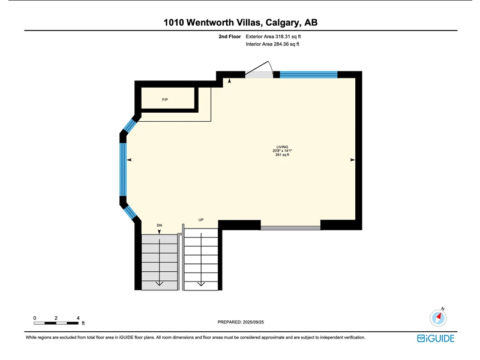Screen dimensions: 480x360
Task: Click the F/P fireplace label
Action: click(165, 100)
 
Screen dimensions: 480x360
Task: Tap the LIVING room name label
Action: click(282, 147)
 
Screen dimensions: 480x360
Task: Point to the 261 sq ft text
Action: click(282, 155)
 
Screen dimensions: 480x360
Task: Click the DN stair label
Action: click(160, 226)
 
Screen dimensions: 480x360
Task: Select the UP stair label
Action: click(201, 220)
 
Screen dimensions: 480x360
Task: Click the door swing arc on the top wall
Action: click(271, 67)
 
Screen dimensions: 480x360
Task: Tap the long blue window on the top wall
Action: click(308, 74)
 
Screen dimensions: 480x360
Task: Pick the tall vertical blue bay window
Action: click(123, 170)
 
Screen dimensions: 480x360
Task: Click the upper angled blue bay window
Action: click(130, 125)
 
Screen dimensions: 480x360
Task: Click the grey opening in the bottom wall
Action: click(290, 228)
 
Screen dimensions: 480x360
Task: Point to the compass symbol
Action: click(439, 317)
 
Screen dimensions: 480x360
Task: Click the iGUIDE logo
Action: click(436, 338)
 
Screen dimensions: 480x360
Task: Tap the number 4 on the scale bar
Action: click(78, 318)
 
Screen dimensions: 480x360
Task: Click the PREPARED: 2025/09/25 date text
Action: click(241, 322)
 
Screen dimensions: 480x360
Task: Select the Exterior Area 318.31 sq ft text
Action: click(273, 37)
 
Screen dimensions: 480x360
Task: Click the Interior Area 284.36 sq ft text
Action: click(272, 44)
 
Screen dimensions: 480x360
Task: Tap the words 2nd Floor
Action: click(230, 37)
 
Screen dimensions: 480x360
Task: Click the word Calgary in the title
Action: click(283, 23)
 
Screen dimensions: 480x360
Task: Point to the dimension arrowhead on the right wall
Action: click(352, 160)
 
